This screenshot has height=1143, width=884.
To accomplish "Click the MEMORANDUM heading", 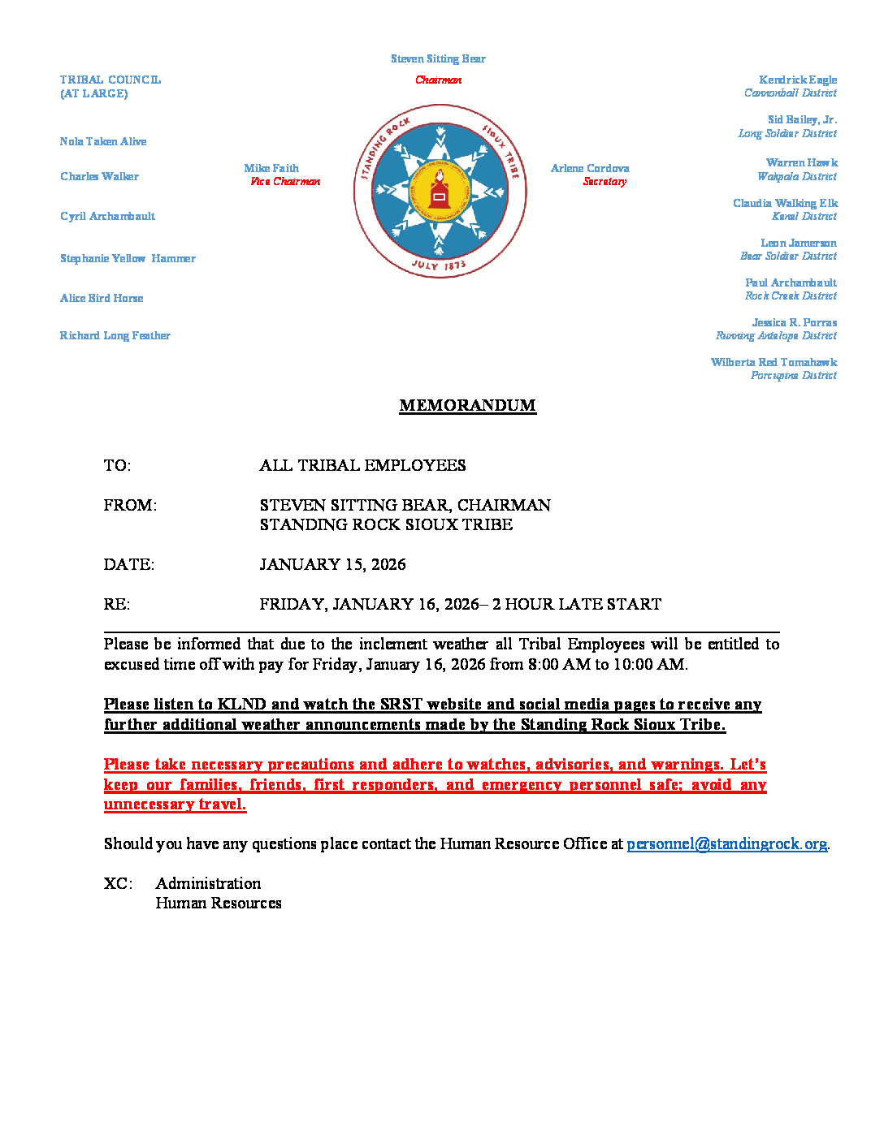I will [x=467, y=406].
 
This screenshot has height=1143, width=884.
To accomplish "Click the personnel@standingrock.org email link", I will [x=726, y=844].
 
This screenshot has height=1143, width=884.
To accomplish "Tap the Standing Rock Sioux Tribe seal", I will [x=440, y=192].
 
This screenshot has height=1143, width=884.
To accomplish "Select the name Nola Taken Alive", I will [x=103, y=142].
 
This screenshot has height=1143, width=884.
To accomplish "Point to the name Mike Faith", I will [x=271, y=169].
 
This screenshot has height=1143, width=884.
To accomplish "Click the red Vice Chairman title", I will [x=285, y=182].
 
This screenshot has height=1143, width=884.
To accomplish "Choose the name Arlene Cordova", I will [x=590, y=169].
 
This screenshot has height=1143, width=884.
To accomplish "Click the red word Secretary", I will [x=604, y=182].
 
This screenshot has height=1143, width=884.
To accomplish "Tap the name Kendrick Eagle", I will [x=797, y=80].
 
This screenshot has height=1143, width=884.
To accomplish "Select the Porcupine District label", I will [x=793, y=376].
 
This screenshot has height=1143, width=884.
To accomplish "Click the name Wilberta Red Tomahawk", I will [x=773, y=363].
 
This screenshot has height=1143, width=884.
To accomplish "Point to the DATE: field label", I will [x=129, y=565].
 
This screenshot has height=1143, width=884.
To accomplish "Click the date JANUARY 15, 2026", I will [x=332, y=565].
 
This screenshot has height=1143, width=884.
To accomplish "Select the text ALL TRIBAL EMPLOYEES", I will [x=362, y=466].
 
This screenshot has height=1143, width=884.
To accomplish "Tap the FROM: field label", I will [x=130, y=506].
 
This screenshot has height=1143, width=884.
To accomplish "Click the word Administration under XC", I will [x=208, y=884].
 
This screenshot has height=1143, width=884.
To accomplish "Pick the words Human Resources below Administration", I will [x=219, y=904].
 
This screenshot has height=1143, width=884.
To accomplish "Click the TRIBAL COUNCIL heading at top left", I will [x=110, y=80].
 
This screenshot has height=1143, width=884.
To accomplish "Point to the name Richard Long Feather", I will [x=115, y=336].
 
